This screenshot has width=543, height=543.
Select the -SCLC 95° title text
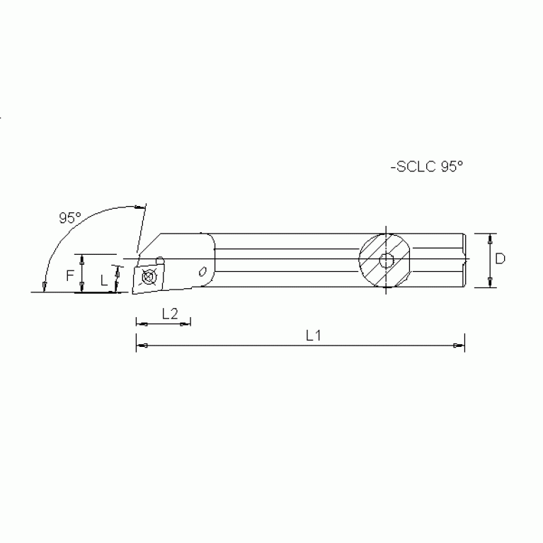pyautogui.click(x=425, y=167)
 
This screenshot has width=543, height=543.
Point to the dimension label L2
pyautogui.click(x=169, y=314)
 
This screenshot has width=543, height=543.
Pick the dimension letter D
pyautogui.click(x=500, y=259)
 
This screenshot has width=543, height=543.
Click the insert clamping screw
pyautogui.click(x=148, y=277)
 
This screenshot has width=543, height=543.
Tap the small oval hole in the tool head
pyautogui.click(x=203, y=270)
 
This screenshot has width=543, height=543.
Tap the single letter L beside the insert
pyautogui.click(x=104, y=280)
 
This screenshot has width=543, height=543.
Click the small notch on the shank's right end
pyautogui.click(x=464, y=260)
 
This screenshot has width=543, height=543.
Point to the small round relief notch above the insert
pyautogui.click(x=161, y=258)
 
